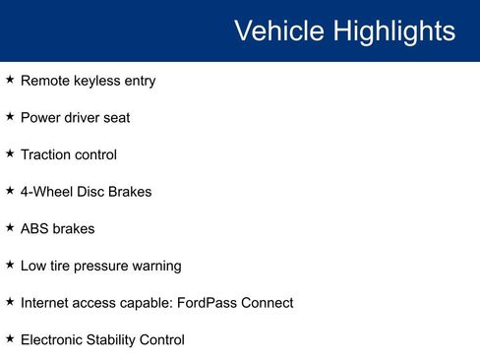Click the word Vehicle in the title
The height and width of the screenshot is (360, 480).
pyautogui.click(x=278, y=30)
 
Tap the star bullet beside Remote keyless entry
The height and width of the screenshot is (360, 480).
pyautogui.click(x=10, y=80)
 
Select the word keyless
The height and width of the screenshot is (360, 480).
pyautogui.click(x=95, y=81)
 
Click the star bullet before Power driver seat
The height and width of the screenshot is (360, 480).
pyautogui.click(x=10, y=116)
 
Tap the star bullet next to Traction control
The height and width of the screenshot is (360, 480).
pyautogui.click(x=10, y=153)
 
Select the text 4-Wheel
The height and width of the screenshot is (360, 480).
pyautogui.click(x=45, y=192)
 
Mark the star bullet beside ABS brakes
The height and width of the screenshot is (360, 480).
pyautogui.click(x=10, y=227)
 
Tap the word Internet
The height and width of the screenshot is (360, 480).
pyautogui.click(x=45, y=302)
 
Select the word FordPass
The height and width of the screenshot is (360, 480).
pyautogui.click(x=206, y=302)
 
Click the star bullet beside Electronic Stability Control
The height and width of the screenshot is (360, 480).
pyautogui.click(x=10, y=338)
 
